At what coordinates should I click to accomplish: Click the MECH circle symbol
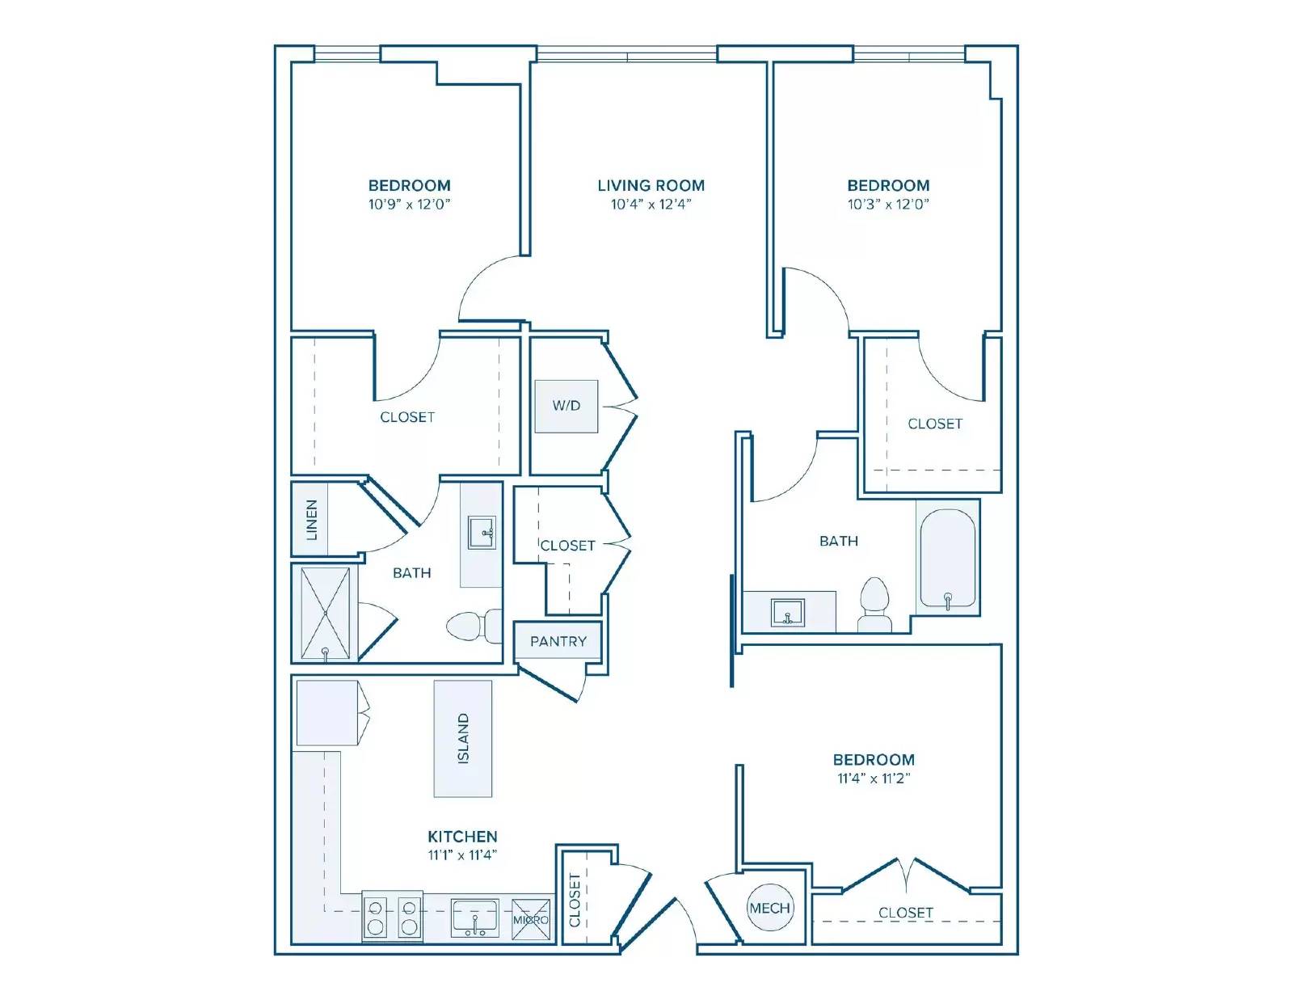[x=769, y=908]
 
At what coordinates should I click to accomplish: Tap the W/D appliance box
[x=566, y=406]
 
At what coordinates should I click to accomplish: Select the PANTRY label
[x=558, y=641]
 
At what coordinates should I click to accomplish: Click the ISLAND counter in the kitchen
[x=463, y=738]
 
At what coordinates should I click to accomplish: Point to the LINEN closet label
[x=311, y=520]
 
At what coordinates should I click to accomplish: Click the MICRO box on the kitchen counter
[x=531, y=920]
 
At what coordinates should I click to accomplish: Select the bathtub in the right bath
[x=947, y=559]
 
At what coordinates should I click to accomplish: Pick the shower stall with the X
[x=325, y=613]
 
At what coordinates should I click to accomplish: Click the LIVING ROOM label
[x=651, y=186]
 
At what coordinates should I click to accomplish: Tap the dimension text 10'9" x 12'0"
[x=410, y=205]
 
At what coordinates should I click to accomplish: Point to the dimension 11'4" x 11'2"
[x=874, y=778]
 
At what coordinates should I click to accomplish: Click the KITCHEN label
[x=462, y=837]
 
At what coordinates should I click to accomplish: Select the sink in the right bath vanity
[x=788, y=613]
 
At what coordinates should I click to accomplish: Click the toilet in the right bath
[x=874, y=604]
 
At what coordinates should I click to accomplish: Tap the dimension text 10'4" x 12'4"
[x=651, y=205]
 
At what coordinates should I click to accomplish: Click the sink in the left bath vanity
[x=482, y=532]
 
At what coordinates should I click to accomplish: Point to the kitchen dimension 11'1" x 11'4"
[x=462, y=855]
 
